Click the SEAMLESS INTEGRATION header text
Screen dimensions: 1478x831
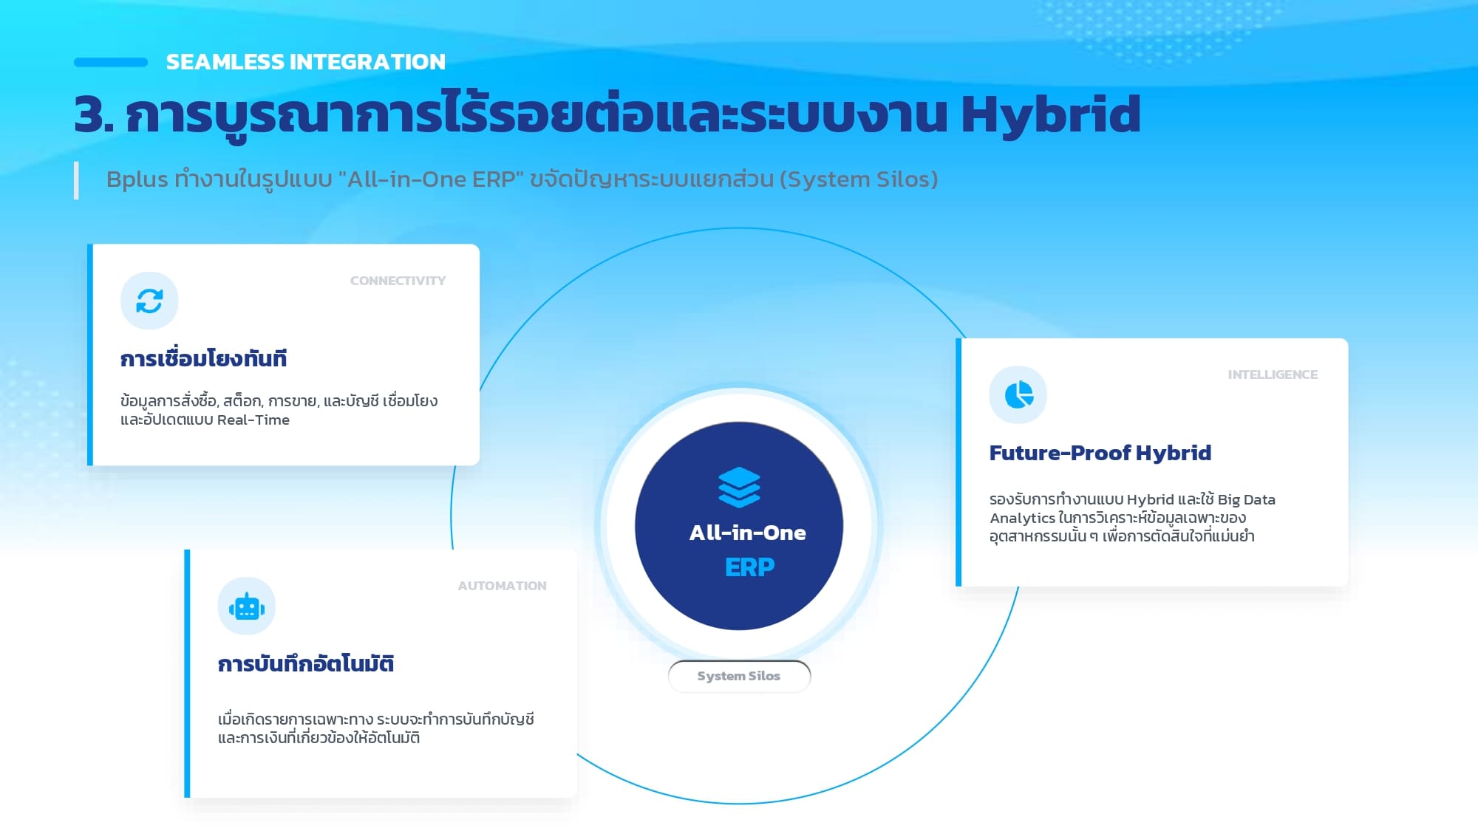(x=306, y=62)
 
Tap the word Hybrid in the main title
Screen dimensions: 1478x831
(x=1051, y=115)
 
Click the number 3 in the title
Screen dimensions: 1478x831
(x=89, y=115)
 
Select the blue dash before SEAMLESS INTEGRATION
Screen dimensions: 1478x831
(x=111, y=63)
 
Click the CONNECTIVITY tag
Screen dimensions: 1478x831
(x=398, y=281)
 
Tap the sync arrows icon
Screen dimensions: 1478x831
(x=149, y=301)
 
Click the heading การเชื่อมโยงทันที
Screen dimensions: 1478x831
(x=203, y=358)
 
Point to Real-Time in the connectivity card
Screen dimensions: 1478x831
(x=253, y=420)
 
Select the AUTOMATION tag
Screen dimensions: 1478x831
(x=503, y=586)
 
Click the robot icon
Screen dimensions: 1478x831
(x=247, y=606)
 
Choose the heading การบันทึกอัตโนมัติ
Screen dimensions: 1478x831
(x=306, y=663)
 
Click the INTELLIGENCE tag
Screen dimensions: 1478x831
(x=1273, y=375)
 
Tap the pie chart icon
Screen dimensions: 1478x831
(x=1018, y=394)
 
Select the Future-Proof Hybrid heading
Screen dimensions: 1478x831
(x=1100, y=453)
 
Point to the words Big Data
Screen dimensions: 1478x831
(x=1247, y=500)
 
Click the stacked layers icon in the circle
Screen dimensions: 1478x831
(x=739, y=488)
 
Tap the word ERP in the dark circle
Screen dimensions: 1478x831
(x=749, y=567)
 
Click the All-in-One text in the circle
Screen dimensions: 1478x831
(x=747, y=533)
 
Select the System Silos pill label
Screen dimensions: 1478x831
(x=739, y=676)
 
